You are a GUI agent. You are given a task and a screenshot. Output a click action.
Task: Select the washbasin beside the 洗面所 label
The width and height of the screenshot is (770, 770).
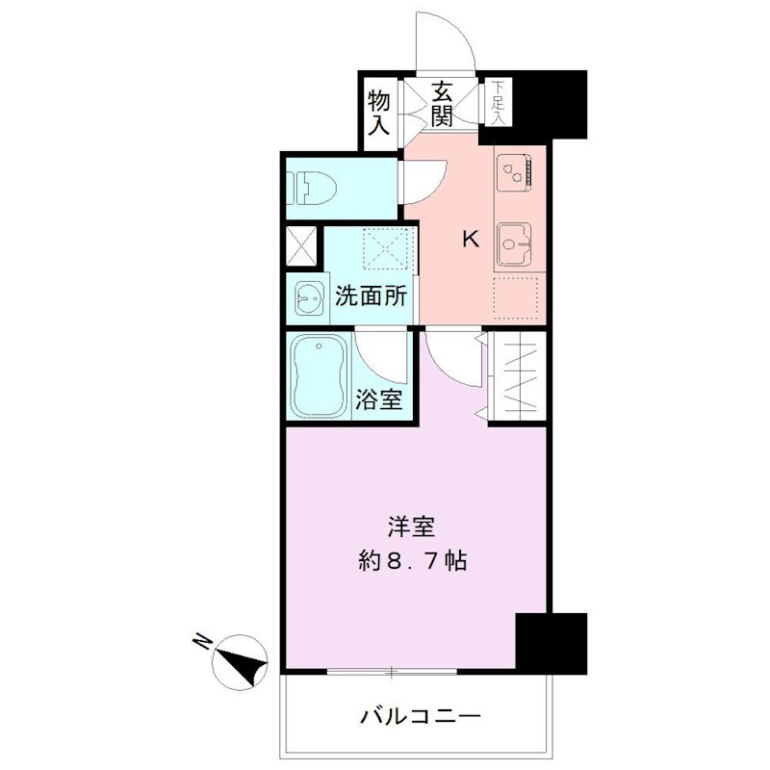[308, 298]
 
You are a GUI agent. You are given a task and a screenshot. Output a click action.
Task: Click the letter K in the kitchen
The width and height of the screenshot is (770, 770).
[471, 240]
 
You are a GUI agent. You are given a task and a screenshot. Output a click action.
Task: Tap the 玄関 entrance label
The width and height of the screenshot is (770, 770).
[442, 105]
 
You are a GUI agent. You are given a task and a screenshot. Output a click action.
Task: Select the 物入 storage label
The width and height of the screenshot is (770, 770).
[379, 111]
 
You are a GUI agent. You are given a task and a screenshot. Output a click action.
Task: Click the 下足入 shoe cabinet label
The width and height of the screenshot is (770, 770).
[498, 100]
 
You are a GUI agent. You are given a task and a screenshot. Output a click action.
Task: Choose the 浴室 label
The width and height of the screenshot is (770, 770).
[378, 398]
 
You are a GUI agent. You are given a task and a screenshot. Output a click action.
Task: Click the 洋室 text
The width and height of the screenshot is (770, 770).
[412, 526]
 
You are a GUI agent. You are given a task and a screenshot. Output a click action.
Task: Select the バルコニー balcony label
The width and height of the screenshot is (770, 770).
[421, 716]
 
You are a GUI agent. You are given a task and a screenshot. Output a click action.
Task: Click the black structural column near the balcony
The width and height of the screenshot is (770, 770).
[551, 642]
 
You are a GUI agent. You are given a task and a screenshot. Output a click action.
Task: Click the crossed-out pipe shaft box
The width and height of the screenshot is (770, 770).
[301, 246]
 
